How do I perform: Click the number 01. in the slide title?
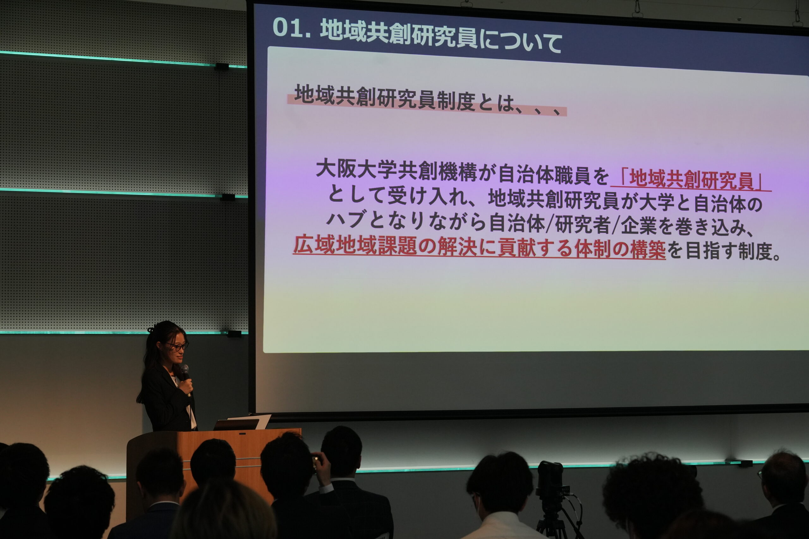292,27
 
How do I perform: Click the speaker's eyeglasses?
177,346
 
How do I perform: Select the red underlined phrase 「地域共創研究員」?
691,180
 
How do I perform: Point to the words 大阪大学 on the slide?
356,169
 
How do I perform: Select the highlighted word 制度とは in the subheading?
475,101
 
